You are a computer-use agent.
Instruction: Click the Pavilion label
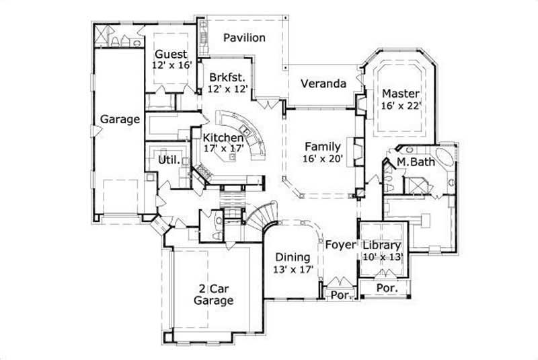coord(244,38)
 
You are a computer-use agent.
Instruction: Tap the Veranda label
coord(323,84)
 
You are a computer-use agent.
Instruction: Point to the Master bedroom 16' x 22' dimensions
coord(401,105)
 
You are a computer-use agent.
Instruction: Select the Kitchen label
coord(223,137)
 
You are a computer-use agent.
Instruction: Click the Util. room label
coord(167,160)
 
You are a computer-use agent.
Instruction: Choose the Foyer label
coord(340,245)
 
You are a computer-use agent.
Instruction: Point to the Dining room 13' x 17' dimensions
coord(293,269)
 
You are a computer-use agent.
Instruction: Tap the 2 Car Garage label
coord(214,294)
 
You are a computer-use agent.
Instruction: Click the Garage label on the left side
coord(120,119)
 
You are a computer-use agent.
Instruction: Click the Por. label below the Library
coord(386,287)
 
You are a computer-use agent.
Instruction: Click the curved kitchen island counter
coord(253,135)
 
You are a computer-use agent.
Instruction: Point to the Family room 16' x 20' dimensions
coord(323,159)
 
